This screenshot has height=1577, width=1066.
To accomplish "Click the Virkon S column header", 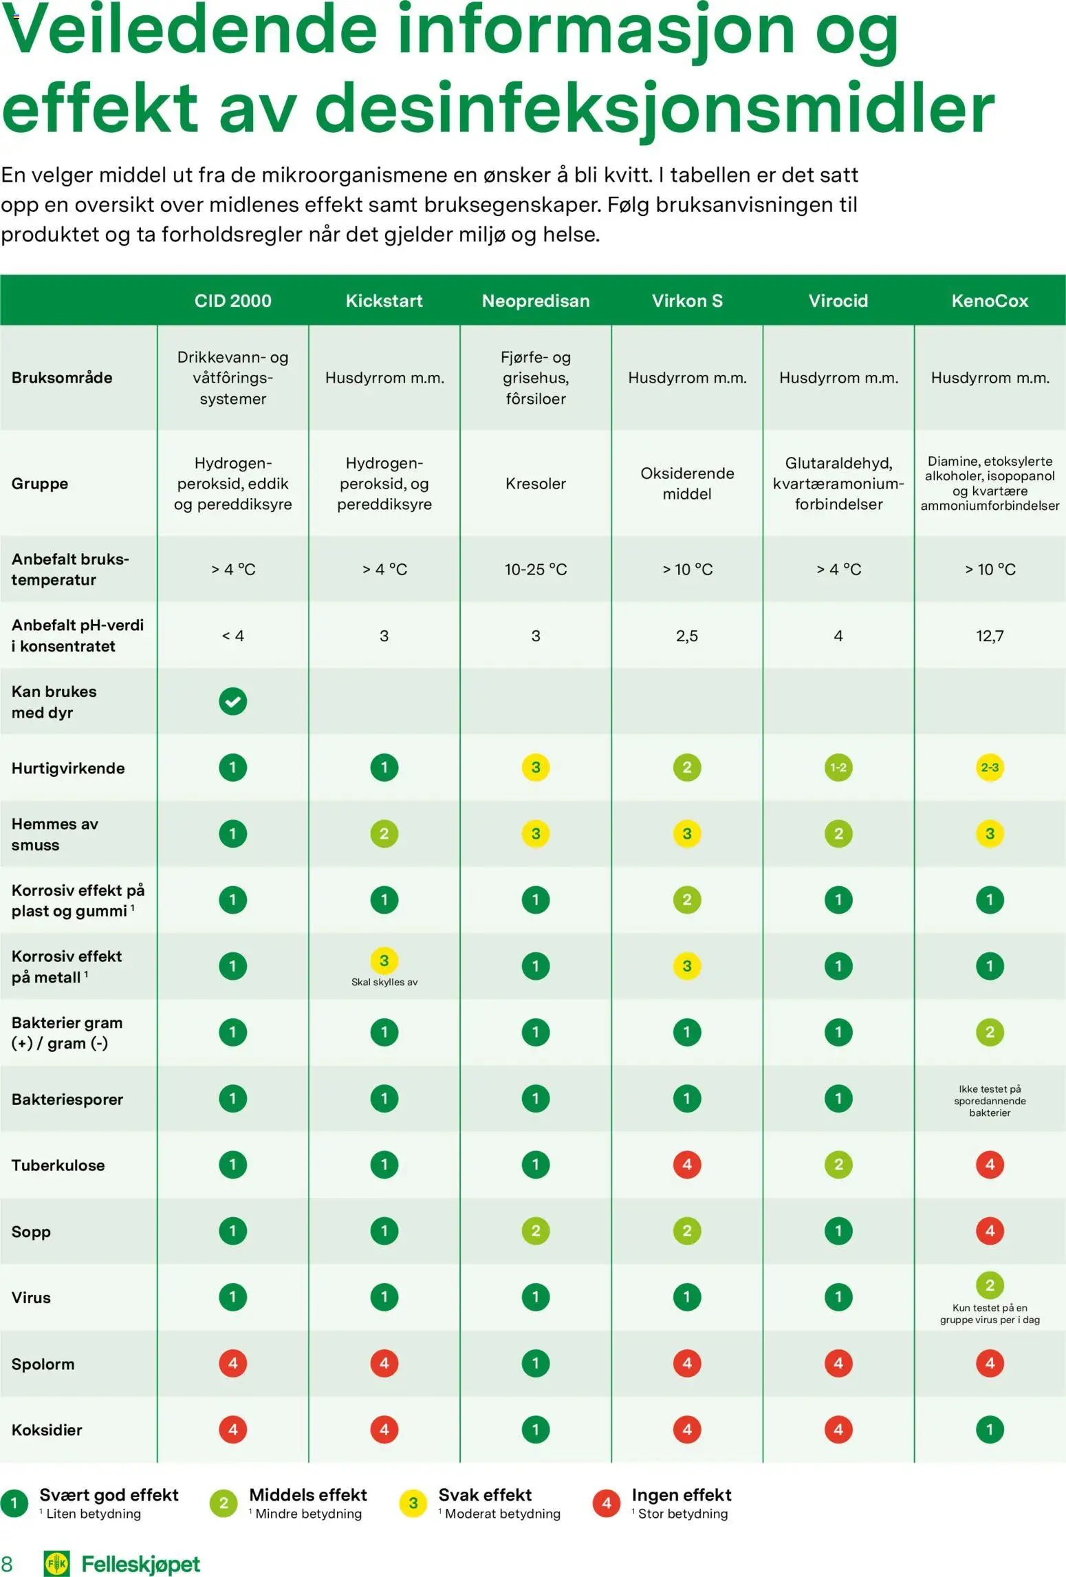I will (x=687, y=301).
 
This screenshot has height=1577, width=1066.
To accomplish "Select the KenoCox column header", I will (x=990, y=301).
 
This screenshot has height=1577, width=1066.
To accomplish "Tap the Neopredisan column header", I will (x=536, y=301).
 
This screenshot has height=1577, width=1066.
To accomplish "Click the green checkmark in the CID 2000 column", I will (x=233, y=701).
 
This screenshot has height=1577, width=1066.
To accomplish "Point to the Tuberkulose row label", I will (x=58, y=1165).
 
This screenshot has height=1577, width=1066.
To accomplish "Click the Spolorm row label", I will (x=43, y=1364).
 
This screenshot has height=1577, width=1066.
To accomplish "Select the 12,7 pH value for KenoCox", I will (x=990, y=636).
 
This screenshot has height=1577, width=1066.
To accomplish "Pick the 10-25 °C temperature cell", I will (x=536, y=569).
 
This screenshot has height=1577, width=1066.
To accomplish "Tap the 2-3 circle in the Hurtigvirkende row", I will (x=990, y=767).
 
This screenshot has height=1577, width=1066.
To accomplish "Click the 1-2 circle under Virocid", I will (x=838, y=767).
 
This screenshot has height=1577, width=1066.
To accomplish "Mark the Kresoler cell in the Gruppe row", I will (x=536, y=484).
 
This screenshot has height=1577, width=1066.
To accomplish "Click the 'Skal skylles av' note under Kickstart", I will (x=384, y=982).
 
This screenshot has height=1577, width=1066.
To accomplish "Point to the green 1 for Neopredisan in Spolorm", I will (x=536, y=1363).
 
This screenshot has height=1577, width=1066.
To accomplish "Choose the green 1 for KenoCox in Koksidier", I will (x=990, y=1429).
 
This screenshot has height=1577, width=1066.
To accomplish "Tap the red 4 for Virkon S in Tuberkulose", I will (x=687, y=1164).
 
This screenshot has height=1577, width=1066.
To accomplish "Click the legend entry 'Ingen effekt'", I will (x=681, y=1494).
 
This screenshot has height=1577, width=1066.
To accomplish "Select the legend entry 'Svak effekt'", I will (x=485, y=1494).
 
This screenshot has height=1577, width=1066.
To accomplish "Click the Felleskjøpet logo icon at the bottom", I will (x=56, y=1564).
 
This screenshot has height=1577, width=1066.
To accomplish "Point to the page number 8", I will (x=7, y=1564).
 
